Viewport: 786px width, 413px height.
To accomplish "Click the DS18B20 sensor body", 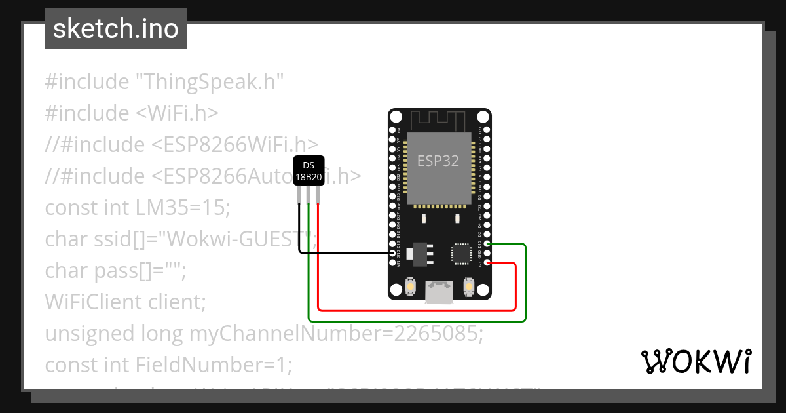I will [308, 172].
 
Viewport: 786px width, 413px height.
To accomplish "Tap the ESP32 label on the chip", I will [438, 160].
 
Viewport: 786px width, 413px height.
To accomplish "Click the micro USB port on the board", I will [438, 290].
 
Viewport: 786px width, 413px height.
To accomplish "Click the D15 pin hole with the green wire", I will [485, 244].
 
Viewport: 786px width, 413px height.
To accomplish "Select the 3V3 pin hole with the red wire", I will [485, 264].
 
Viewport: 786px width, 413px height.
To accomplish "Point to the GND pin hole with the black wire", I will [392, 253].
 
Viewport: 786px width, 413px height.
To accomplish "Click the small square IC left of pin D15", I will [460, 253].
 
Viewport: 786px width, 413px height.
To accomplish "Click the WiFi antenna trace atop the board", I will [438, 121].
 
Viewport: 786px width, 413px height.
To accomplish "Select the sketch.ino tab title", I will [116, 29].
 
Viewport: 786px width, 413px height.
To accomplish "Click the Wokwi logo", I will [696, 361].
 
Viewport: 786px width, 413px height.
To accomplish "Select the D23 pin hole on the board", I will [485, 130].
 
